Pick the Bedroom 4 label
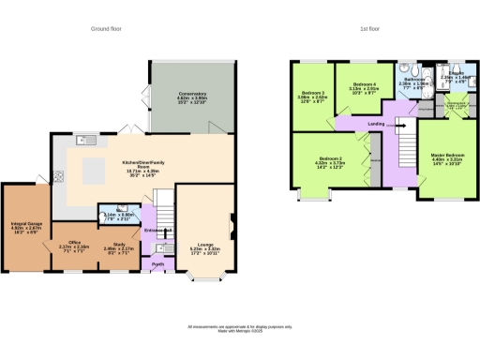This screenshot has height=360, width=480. click(x=364, y=88)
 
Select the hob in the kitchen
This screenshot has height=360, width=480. click(x=58, y=174)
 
